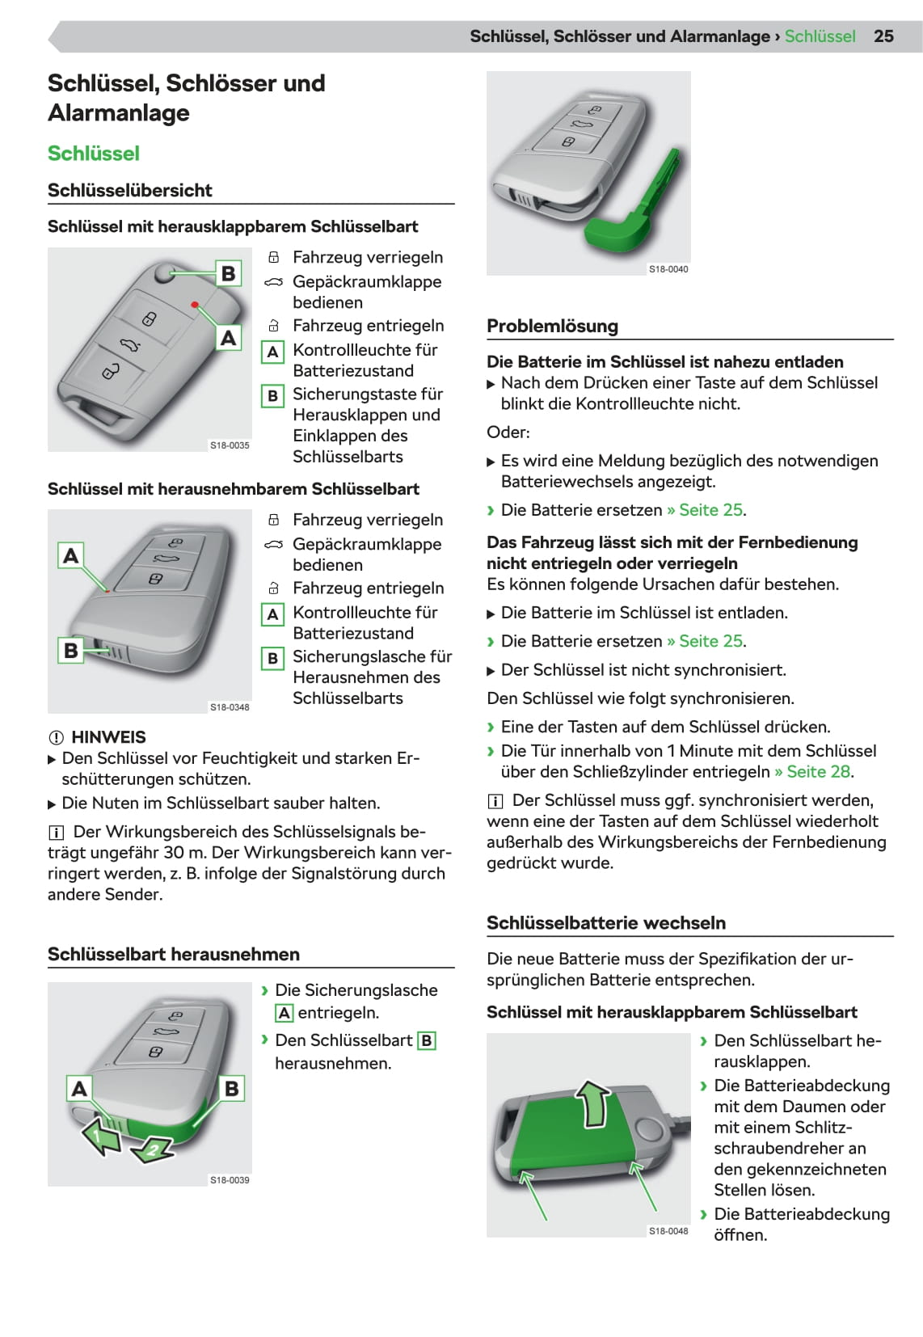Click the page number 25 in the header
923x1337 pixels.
click(x=883, y=36)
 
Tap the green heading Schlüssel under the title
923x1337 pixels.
click(x=94, y=154)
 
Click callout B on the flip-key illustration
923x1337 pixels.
click(x=228, y=274)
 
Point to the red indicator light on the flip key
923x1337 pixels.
click(x=195, y=305)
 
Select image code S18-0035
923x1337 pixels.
click(x=230, y=445)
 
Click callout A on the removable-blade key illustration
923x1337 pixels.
click(x=71, y=555)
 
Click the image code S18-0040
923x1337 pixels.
click(x=668, y=269)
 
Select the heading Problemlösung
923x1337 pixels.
click(x=552, y=326)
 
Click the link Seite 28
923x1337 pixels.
click(x=818, y=772)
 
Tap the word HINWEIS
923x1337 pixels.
click(x=108, y=737)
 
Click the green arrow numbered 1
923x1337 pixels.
click(x=99, y=1136)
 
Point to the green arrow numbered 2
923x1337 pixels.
click(x=153, y=1149)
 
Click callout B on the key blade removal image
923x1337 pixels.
click(x=231, y=1089)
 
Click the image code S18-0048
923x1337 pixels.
click(x=668, y=1231)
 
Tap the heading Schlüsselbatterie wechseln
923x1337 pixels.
click(x=606, y=923)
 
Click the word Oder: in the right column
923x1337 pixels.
click(x=508, y=432)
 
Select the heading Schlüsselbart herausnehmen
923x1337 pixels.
click(x=174, y=955)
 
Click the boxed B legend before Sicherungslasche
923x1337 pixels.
click(x=272, y=659)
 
